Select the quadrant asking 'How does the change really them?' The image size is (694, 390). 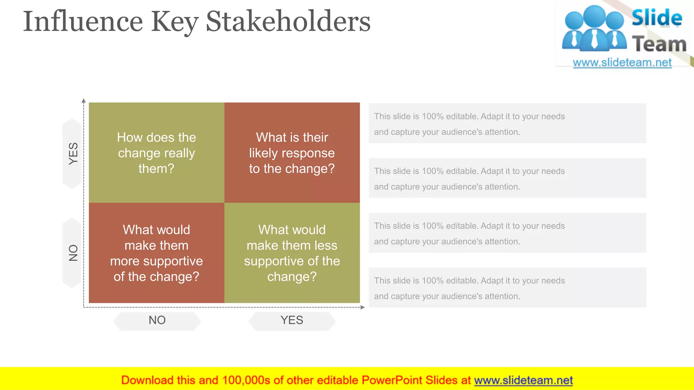point(156,153)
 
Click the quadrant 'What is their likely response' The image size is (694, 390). point(292,153)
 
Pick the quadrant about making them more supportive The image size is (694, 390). point(156,253)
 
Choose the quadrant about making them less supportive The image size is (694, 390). point(292,253)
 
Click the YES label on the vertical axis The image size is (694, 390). point(73,153)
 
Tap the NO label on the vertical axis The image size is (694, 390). point(73,253)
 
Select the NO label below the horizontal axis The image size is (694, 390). point(157,320)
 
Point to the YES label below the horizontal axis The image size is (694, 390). point(292,320)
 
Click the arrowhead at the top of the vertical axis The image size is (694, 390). point(84,101)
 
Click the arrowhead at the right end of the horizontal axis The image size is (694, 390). point(363,307)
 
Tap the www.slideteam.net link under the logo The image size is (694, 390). point(622,63)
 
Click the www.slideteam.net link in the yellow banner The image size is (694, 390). point(523,381)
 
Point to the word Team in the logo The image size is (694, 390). point(659,44)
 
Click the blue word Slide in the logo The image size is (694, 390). point(657,18)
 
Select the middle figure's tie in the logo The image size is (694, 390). point(594,39)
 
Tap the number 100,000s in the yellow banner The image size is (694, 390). point(246,381)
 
